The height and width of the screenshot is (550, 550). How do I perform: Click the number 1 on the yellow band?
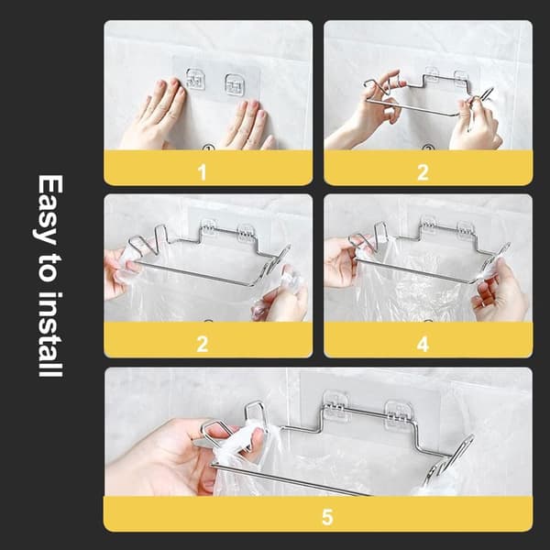click(x=202, y=172)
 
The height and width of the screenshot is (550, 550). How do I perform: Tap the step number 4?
click(x=423, y=344)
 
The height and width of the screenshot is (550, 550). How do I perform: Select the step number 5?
click(x=327, y=517)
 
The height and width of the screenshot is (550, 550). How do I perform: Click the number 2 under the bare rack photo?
click(x=423, y=172)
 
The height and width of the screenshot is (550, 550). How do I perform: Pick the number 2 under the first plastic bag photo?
click(x=203, y=344)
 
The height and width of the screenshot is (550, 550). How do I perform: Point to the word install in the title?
click(x=50, y=335)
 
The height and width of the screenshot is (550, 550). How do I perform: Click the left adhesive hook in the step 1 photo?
click(x=195, y=79)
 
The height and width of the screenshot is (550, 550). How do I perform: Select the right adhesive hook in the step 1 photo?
click(x=234, y=85)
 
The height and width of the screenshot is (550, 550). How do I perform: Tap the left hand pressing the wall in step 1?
click(x=154, y=114)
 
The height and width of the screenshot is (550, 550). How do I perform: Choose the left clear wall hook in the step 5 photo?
click(x=335, y=404)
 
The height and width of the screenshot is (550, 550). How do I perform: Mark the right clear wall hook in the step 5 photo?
click(x=398, y=414)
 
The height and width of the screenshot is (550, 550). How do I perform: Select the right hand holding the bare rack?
click(x=477, y=123)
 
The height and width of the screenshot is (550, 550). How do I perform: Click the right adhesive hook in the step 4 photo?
click(x=466, y=231)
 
